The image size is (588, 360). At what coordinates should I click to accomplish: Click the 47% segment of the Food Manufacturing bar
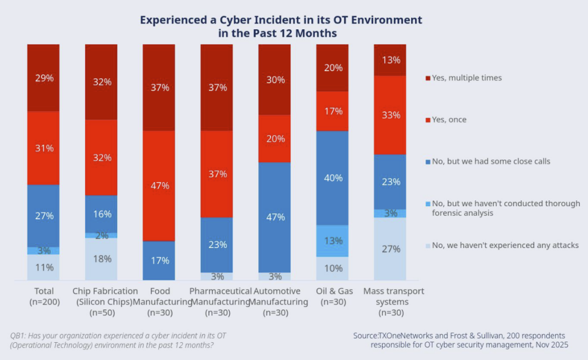159,185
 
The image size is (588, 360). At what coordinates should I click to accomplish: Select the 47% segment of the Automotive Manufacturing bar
274,217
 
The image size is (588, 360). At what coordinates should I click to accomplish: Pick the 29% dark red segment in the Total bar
43,78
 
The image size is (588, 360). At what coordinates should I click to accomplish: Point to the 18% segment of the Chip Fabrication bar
101,259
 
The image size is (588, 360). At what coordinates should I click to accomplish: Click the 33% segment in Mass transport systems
390,115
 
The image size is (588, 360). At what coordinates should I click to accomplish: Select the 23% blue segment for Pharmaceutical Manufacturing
216,245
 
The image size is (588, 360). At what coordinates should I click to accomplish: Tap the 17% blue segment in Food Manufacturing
159,260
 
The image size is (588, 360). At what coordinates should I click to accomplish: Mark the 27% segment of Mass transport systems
390,249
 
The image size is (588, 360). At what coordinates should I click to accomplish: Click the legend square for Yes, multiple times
426,78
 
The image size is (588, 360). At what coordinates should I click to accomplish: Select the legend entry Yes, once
448,119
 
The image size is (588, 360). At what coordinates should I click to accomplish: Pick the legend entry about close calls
491,161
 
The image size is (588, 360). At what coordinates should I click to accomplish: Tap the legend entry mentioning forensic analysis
505,208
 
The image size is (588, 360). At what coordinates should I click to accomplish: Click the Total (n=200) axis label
43,296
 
